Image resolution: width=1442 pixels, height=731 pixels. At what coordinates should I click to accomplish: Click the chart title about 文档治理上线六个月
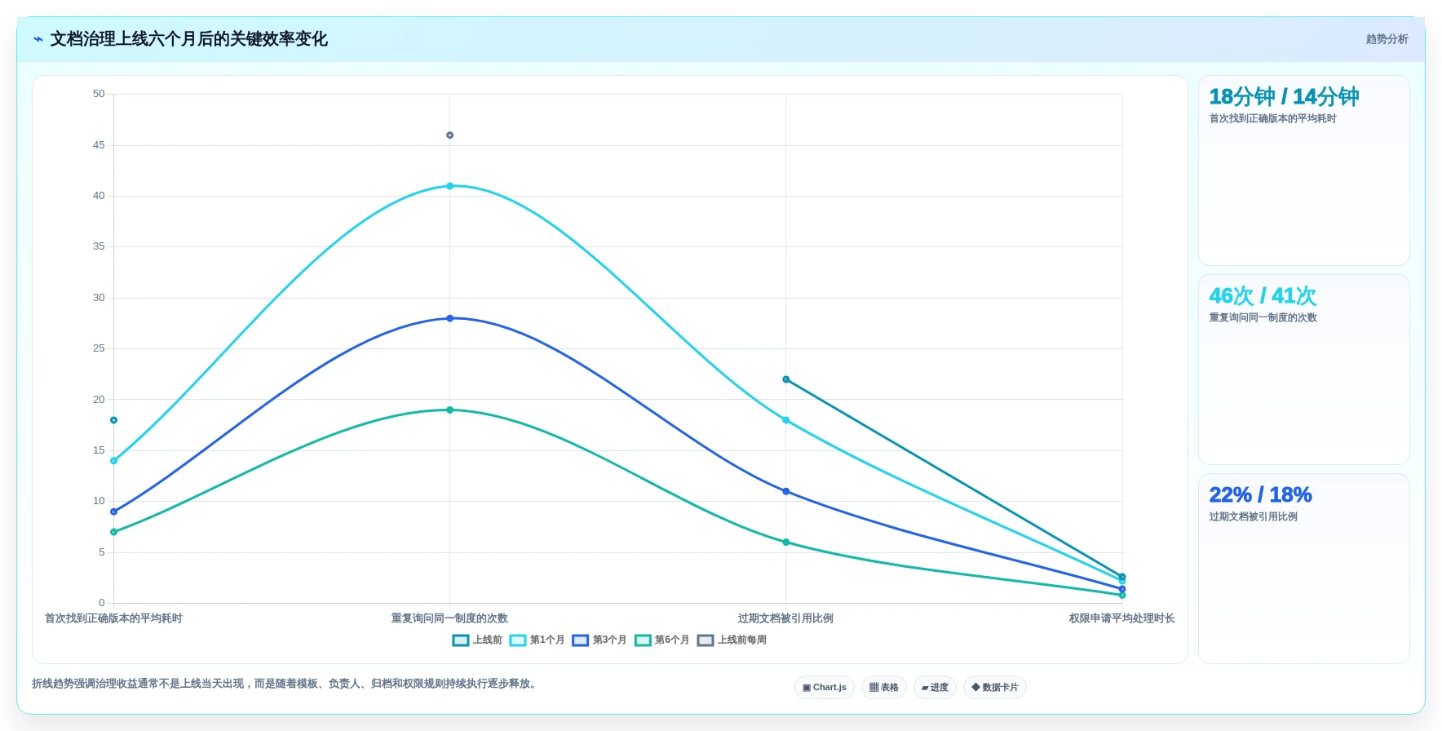[x=188, y=39]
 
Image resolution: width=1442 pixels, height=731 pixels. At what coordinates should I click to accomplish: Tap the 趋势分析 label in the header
[x=1387, y=39]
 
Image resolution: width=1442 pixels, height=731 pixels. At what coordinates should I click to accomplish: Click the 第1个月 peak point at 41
[x=449, y=186]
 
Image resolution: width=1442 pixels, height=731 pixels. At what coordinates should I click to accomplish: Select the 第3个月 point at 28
[x=449, y=318]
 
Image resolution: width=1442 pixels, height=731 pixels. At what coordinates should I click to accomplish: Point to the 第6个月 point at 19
[x=449, y=410]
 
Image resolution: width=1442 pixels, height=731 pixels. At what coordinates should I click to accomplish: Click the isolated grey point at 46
[x=449, y=135]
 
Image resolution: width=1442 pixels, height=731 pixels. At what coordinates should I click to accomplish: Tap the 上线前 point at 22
[x=786, y=379]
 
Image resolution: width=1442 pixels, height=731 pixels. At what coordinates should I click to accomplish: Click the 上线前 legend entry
[x=477, y=640]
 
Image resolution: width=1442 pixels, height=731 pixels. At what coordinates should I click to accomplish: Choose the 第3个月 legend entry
[x=599, y=640]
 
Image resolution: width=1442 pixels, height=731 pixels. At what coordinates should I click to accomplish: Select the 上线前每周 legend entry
[x=732, y=640]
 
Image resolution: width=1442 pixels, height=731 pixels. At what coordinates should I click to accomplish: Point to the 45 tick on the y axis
[x=99, y=145]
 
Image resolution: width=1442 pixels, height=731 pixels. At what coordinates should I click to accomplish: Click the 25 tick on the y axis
[x=99, y=348]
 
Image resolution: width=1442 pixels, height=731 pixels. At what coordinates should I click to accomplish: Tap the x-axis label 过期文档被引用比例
[x=785, y=618]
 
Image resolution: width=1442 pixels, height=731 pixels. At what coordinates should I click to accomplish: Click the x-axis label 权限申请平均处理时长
[x=1121, y=618]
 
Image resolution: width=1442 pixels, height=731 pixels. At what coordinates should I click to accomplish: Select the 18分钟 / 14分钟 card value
[x=1284, y=97]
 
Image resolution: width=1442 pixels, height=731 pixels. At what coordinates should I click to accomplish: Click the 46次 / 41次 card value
[x=1263, y=296]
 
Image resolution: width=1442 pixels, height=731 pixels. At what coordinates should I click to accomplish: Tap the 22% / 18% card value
[x=1260, y=495]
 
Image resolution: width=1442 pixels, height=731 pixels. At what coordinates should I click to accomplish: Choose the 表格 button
[x=884, y=688]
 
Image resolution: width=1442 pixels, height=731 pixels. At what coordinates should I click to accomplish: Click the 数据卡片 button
[x=995, y=688]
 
